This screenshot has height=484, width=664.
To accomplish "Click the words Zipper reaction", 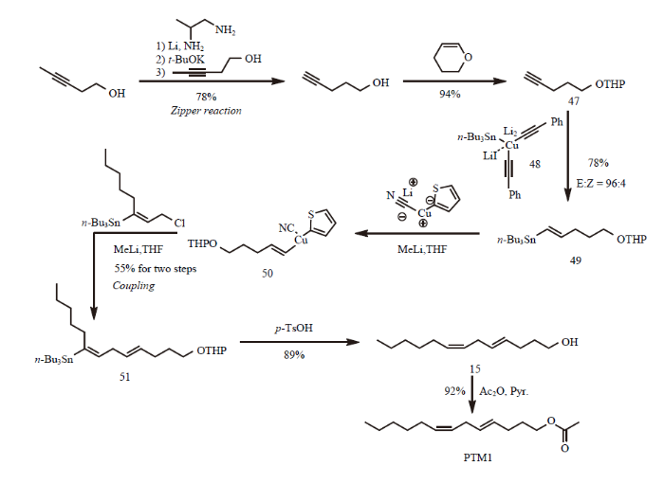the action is [206, 111].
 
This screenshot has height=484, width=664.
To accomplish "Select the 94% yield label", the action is [450, 94].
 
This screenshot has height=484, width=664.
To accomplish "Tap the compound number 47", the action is [573, 101].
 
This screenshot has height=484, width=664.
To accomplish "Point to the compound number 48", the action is [535, 164].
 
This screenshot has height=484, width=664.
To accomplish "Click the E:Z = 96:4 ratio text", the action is [600, 184].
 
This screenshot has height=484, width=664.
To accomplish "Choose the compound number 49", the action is [575, 260].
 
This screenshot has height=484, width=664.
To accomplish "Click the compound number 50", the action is [267, 274].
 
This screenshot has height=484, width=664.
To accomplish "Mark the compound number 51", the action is [124, 377].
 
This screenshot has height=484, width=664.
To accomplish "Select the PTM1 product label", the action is [478, 457].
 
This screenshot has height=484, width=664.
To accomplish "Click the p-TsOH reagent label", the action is [294, 328].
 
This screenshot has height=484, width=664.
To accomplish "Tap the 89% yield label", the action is [294, 354].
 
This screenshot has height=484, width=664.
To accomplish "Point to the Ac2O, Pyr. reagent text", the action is [504, 391].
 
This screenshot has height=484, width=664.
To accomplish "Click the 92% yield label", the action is [454, 391].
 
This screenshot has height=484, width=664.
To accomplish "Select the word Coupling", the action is [134, 286].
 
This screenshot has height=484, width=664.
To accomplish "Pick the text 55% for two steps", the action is [156, 268].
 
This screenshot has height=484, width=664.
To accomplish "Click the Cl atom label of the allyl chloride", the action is [179, 223].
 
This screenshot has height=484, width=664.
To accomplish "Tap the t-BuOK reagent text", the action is [186, 60].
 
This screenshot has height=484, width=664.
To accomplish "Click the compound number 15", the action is [475, 369].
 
